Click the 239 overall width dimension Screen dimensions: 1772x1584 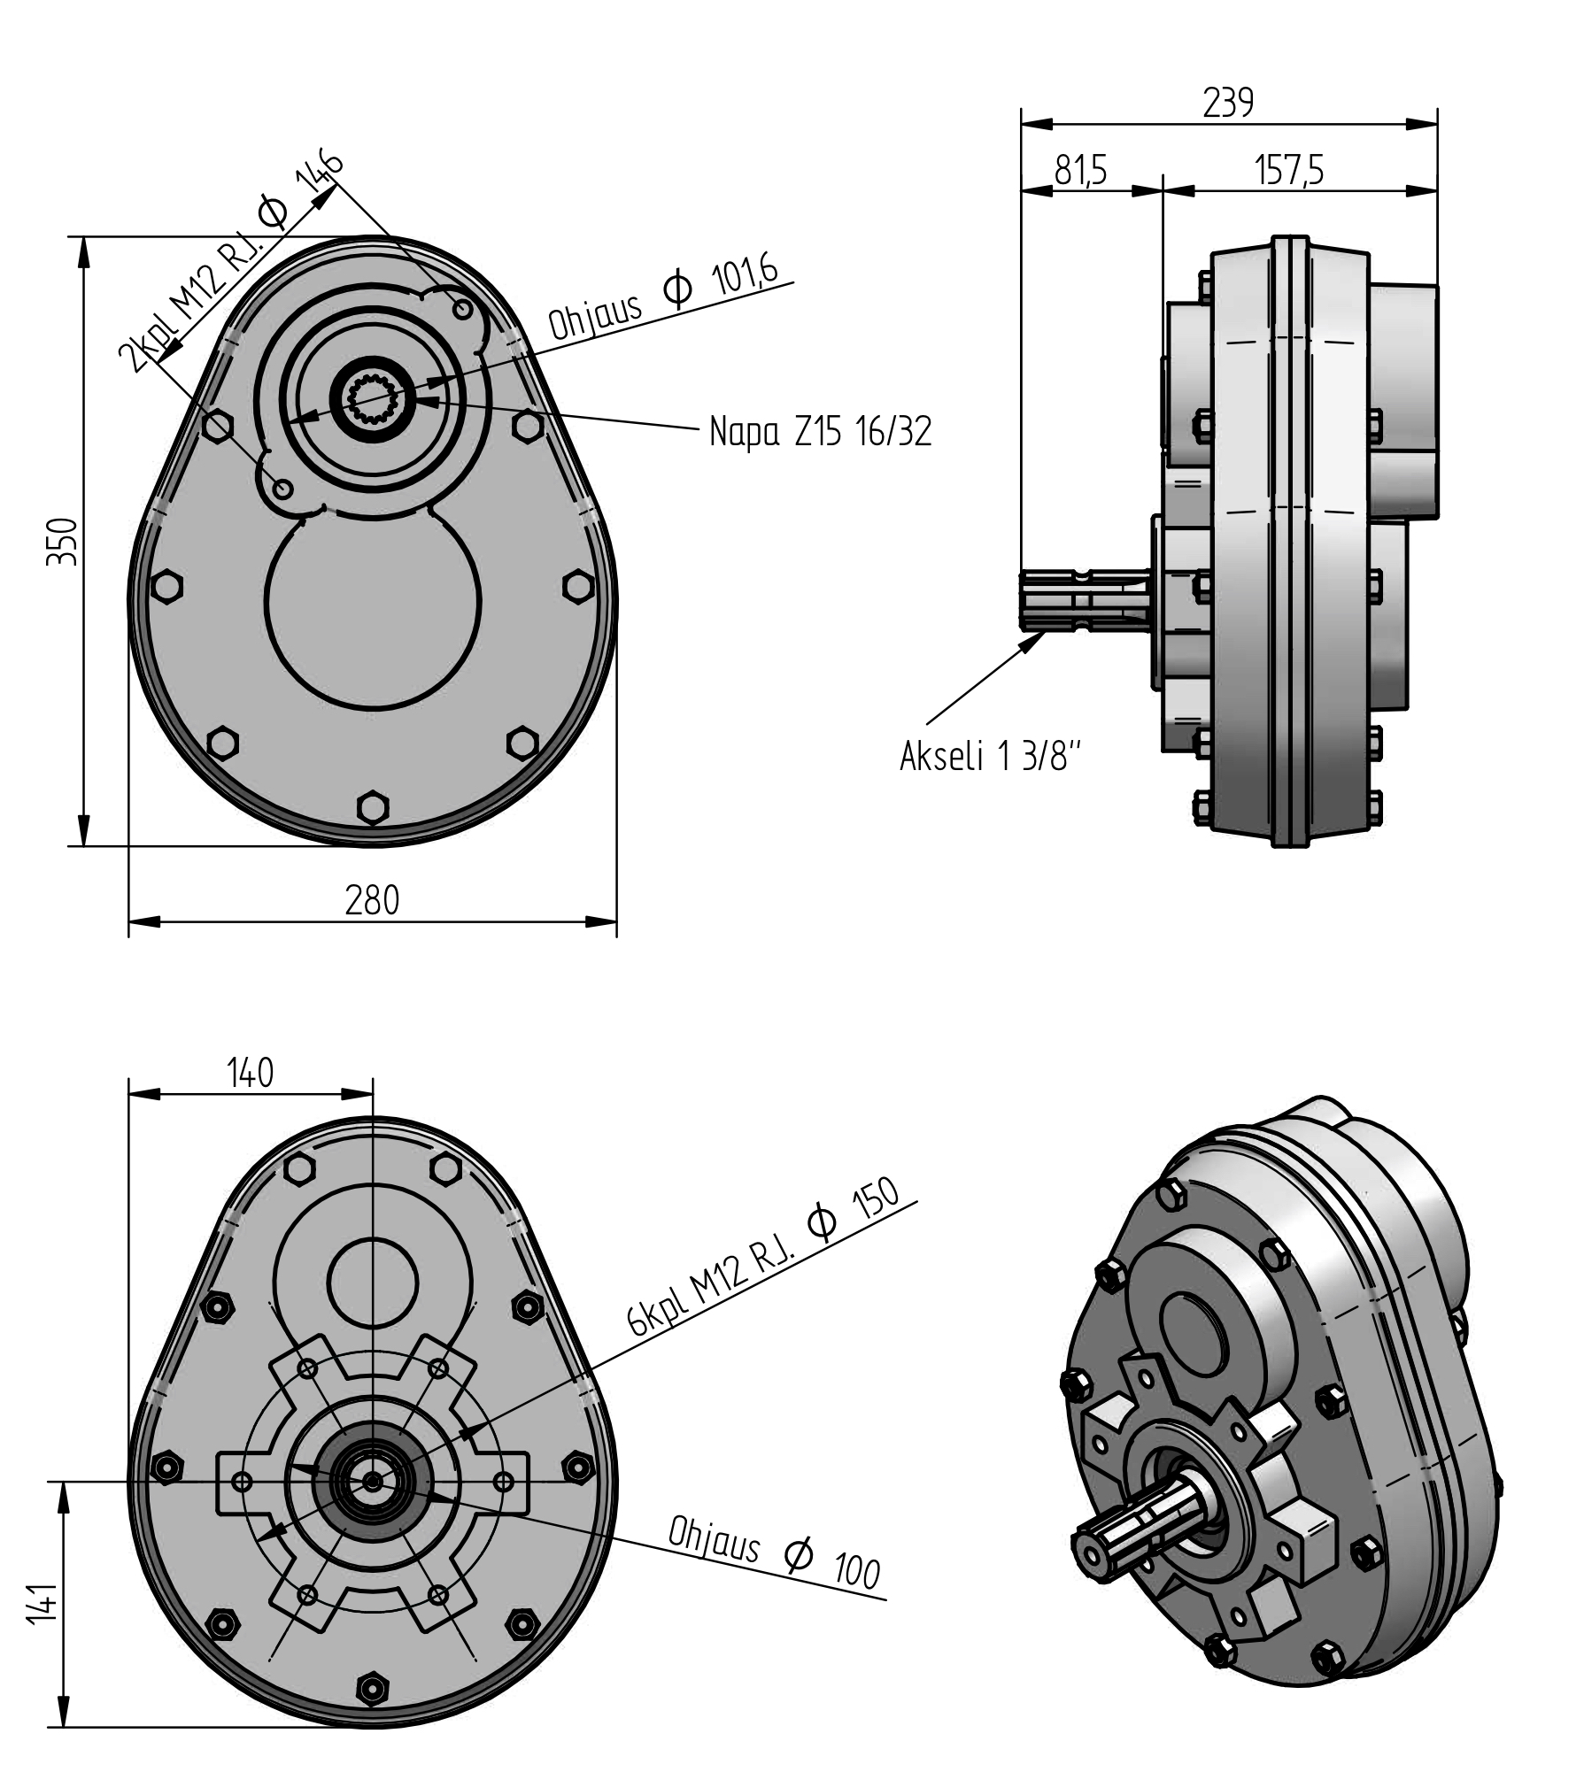(1228, 104)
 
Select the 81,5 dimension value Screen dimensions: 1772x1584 (1081, 170)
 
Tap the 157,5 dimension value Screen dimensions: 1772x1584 (1289, 170)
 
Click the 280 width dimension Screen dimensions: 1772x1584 (372, 901)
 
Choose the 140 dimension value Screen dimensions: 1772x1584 (251, 1073)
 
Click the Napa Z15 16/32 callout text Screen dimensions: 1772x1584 (821, 432)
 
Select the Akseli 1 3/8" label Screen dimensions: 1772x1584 (991, 757)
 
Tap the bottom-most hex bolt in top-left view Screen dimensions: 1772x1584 (373, 807)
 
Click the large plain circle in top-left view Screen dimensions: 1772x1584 (373, 602)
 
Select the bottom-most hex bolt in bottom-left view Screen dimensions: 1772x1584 (373, 1686)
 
